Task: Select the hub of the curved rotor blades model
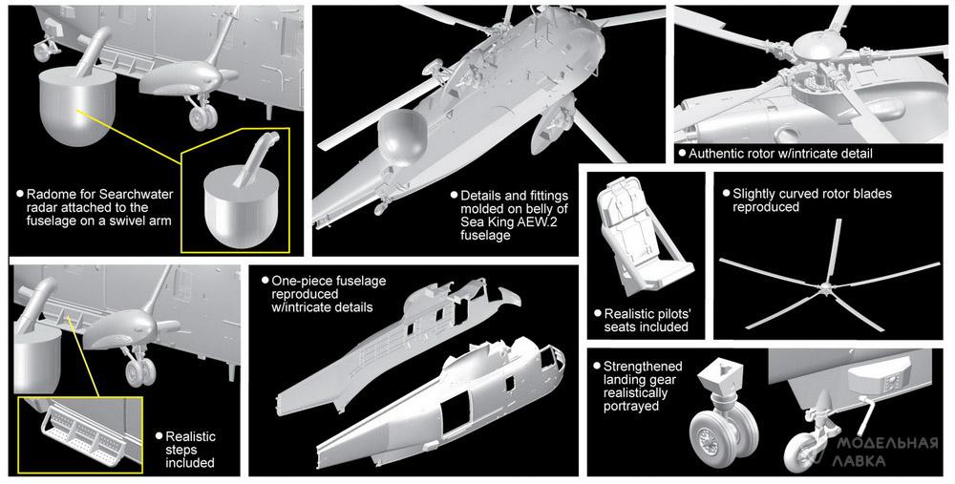click(x=824, y=285)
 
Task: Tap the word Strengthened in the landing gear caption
click(x=643, y=367)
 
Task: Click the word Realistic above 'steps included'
click(x=191, y=436)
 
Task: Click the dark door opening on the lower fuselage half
click(x=456, y=415)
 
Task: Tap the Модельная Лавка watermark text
click(x=885, y=452)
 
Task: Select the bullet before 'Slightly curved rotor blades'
click(x=726, y=194)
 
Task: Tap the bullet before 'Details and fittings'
click(x=454, y=196)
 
